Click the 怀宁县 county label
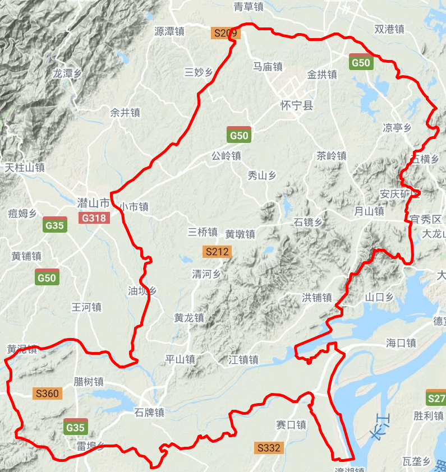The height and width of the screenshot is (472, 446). (x=297, y=105)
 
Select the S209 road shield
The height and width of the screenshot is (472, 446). (x=226, y=33)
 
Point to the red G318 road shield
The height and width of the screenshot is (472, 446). (x=94, y=218)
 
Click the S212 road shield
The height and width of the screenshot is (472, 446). (x=217, y=252)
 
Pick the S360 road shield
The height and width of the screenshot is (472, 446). (x=47, y=394)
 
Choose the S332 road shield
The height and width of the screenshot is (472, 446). (x=268, y=448)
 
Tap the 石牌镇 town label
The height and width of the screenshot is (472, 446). (x=149, y=413)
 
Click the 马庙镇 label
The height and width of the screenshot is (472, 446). (x=268, y=67)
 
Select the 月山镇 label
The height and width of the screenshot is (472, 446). (x=369, y=211)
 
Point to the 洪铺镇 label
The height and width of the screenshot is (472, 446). (x=317, y=297)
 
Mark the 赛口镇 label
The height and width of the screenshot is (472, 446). (x=291, y=425)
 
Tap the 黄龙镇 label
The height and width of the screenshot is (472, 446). (x=189, y=317)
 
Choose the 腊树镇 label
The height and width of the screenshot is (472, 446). (x=89, y=381)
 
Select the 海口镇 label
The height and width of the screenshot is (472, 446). (x=401, y=343)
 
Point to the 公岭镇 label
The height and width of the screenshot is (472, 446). (x=226, y=156)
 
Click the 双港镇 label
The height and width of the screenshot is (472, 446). (x=389, y=29)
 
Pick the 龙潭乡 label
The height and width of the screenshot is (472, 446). (x=67, y=73)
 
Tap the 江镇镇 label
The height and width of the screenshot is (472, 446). (x=243, y=359)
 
